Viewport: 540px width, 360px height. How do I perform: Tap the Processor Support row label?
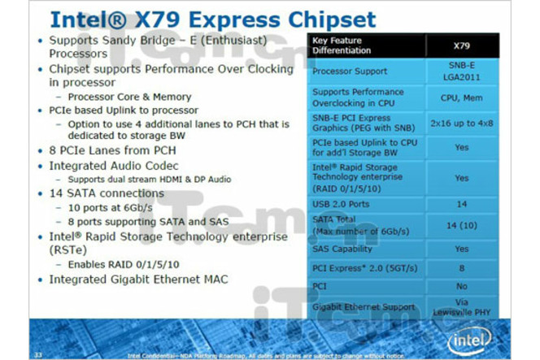coord(349,72)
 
